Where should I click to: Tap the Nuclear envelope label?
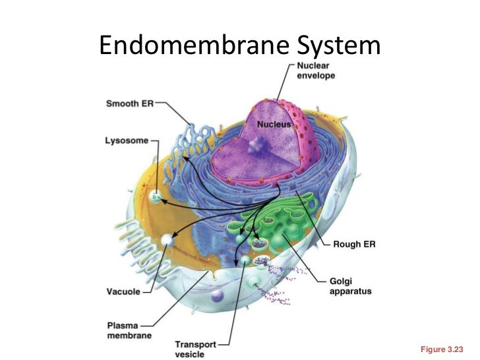pyautogui.click(x=316, y=71)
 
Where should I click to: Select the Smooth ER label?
pyautogui.click(x=129, y=104)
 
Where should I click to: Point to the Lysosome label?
pyautogui.click(x=127, y=140)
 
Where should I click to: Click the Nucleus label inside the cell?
pyautogui.click(x=274, y=124)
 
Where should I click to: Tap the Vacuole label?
pyautogui.click(x=123, y=291)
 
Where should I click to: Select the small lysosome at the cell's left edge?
pyautogui.click(x=156, y=195)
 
